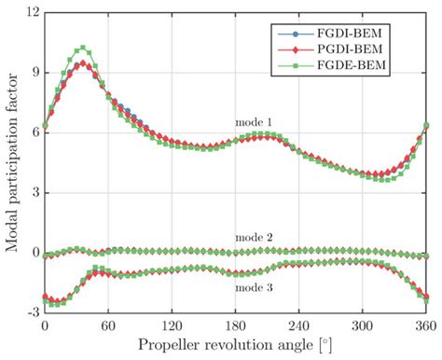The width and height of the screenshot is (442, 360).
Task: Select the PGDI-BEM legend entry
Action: click(x=369, y=48)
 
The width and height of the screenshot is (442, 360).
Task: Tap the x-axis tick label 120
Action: click(x=172, y=328)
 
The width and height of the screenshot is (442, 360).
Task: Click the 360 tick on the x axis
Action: click(x=425, y=328)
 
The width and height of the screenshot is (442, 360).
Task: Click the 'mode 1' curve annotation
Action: click(x=254, y=122)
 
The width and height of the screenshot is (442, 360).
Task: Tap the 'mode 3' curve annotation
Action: click(x=254, y=288)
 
